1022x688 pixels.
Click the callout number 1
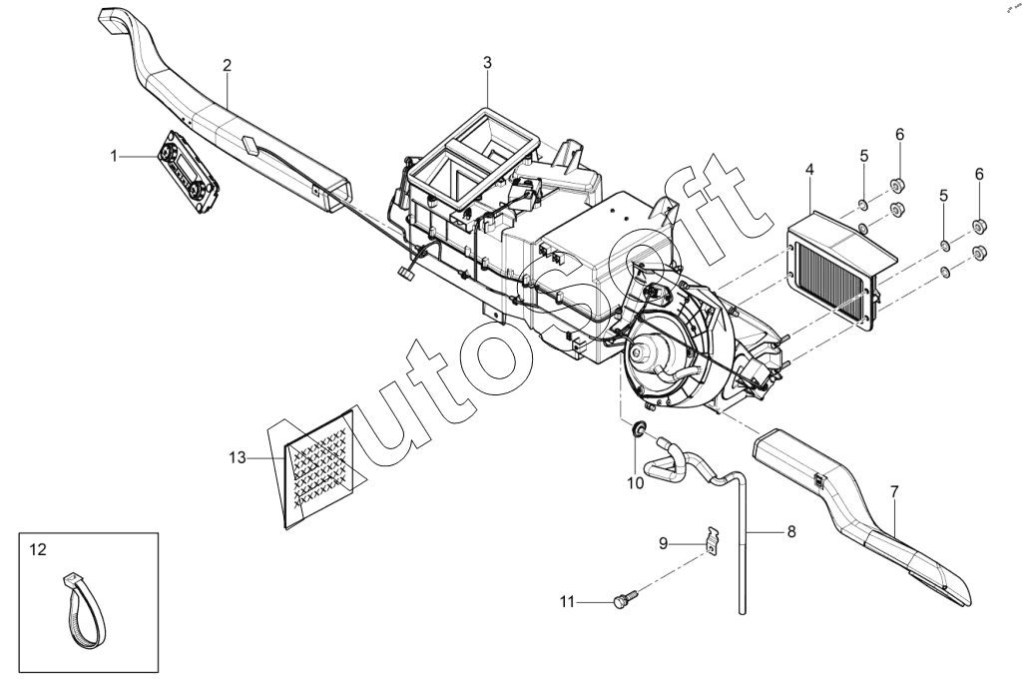click(x=114, y=157)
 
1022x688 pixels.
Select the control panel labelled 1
click(x=188, y=171)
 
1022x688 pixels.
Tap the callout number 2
click(x=227, y=65)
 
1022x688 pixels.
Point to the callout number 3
click(x=487, y=63)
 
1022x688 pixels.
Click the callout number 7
click(x=894, y=491)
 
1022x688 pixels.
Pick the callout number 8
click(x=791, y=531)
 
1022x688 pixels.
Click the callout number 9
click(x=664, y=543)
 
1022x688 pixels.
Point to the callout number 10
click(x=636, y=483)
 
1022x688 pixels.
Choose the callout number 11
click(x=568, y=602)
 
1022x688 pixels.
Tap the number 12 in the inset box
click(x=39, y=550)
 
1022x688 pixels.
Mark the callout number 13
click(x=238, y=457)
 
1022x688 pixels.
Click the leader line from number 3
click(x=487, y=90)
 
